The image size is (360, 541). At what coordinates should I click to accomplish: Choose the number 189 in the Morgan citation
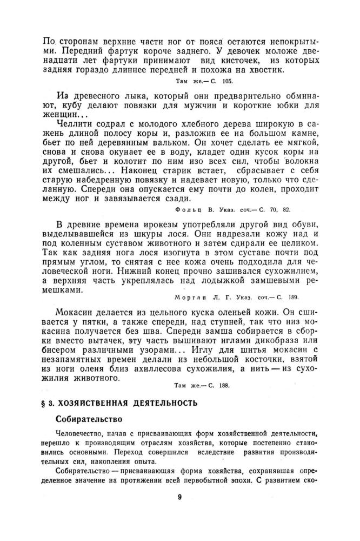291,297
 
